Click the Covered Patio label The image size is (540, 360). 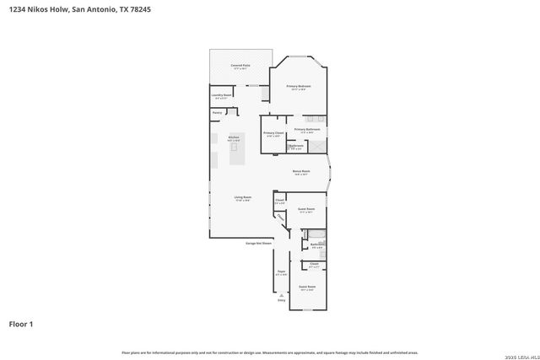point(240,65)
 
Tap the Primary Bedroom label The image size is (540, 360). point(299,87)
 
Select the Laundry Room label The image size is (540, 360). point(222,96)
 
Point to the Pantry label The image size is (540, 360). point(217,112)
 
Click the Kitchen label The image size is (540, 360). point(235,137)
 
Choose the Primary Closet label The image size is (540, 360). point(273,133)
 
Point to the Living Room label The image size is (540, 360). point(243,198)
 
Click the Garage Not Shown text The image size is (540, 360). point(258,243)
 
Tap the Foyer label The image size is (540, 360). point(281,272)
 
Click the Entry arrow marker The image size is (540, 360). point(282,297)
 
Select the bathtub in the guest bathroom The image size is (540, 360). point(322,245)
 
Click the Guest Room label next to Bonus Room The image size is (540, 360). point(306,209)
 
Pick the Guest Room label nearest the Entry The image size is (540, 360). point(307,287)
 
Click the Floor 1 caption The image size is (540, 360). point(21,324)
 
